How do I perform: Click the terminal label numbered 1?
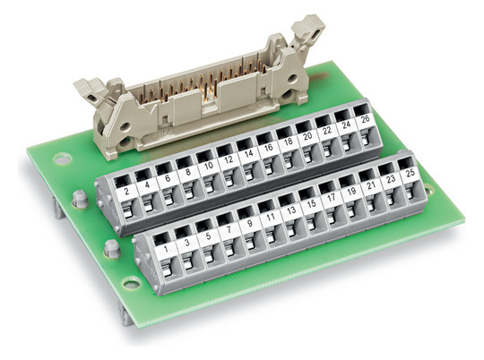click(x=166, y=249)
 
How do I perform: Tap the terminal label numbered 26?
click(x=366, y=119)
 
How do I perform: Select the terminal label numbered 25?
click(x=411, y=173)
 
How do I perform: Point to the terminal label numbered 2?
click(x=126, y=192)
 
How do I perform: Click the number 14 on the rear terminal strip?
click(x=248, y=153)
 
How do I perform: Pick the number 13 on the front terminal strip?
click(x=291, y=210)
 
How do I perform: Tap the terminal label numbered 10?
click(x=208, y=166)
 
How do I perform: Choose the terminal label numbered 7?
click(x=229, y=229)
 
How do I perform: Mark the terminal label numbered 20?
click(x=307, y=136)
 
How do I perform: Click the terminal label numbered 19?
click(x=351, y=192)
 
